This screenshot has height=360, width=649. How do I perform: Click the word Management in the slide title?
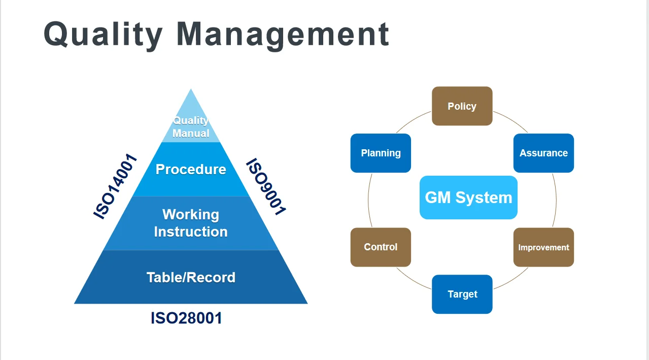click(283, 34)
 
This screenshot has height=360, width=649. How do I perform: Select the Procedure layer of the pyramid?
click(191, 169)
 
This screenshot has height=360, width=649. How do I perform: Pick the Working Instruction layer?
click(191, 223)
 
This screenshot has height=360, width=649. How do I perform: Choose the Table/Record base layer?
click(191, 277)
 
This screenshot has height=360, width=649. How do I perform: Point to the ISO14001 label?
click(116, 186)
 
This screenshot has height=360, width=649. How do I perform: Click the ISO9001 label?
click(266, 186)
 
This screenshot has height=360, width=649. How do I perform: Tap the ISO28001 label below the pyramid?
click(186, 318)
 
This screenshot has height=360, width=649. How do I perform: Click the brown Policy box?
click(462, 106)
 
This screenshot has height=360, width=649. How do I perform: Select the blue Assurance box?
click(543, 153)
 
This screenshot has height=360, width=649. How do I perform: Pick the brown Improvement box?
click(543, 247)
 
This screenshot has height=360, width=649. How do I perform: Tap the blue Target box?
click(462, 294)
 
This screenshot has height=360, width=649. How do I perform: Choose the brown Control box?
click(381, 247)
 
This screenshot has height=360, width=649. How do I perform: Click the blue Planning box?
click(381, 153)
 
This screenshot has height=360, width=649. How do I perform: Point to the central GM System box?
click(468, 198)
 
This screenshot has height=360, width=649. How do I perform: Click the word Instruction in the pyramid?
click(191, 232)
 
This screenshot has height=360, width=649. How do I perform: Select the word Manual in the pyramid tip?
click(191, 133)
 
